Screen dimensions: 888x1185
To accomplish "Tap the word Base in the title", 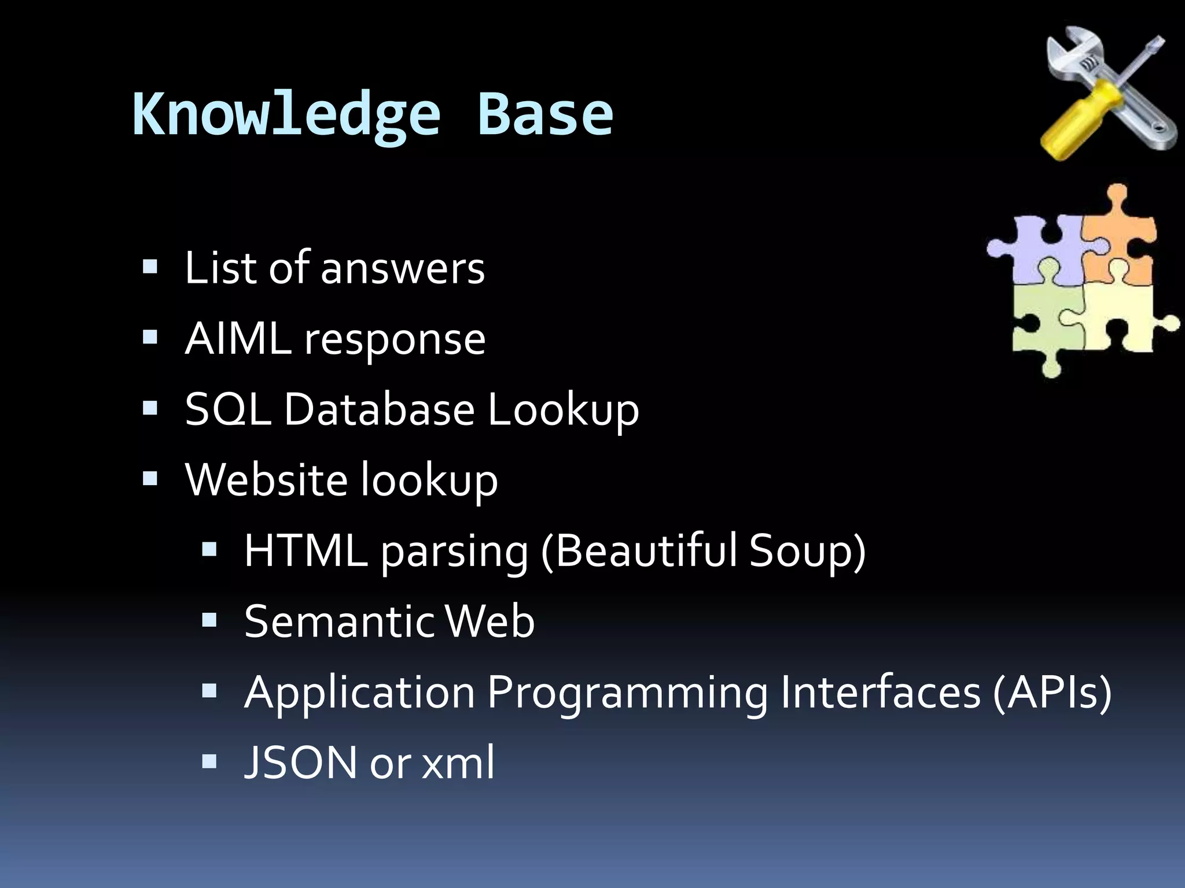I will (x=544, y=114).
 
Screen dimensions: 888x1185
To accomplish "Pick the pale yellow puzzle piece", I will (x=1123, y=318).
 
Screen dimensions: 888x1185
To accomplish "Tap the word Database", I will (x=379, y=409).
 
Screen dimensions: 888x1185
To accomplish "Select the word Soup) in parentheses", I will (x=807, y=550).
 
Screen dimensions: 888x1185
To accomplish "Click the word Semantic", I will (x=339, y=621).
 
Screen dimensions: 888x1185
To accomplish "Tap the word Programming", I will (x=627, y=693).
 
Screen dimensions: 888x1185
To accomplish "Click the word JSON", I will (x=301, y=763).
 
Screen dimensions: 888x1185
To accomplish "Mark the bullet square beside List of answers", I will (x=150, y=267).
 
